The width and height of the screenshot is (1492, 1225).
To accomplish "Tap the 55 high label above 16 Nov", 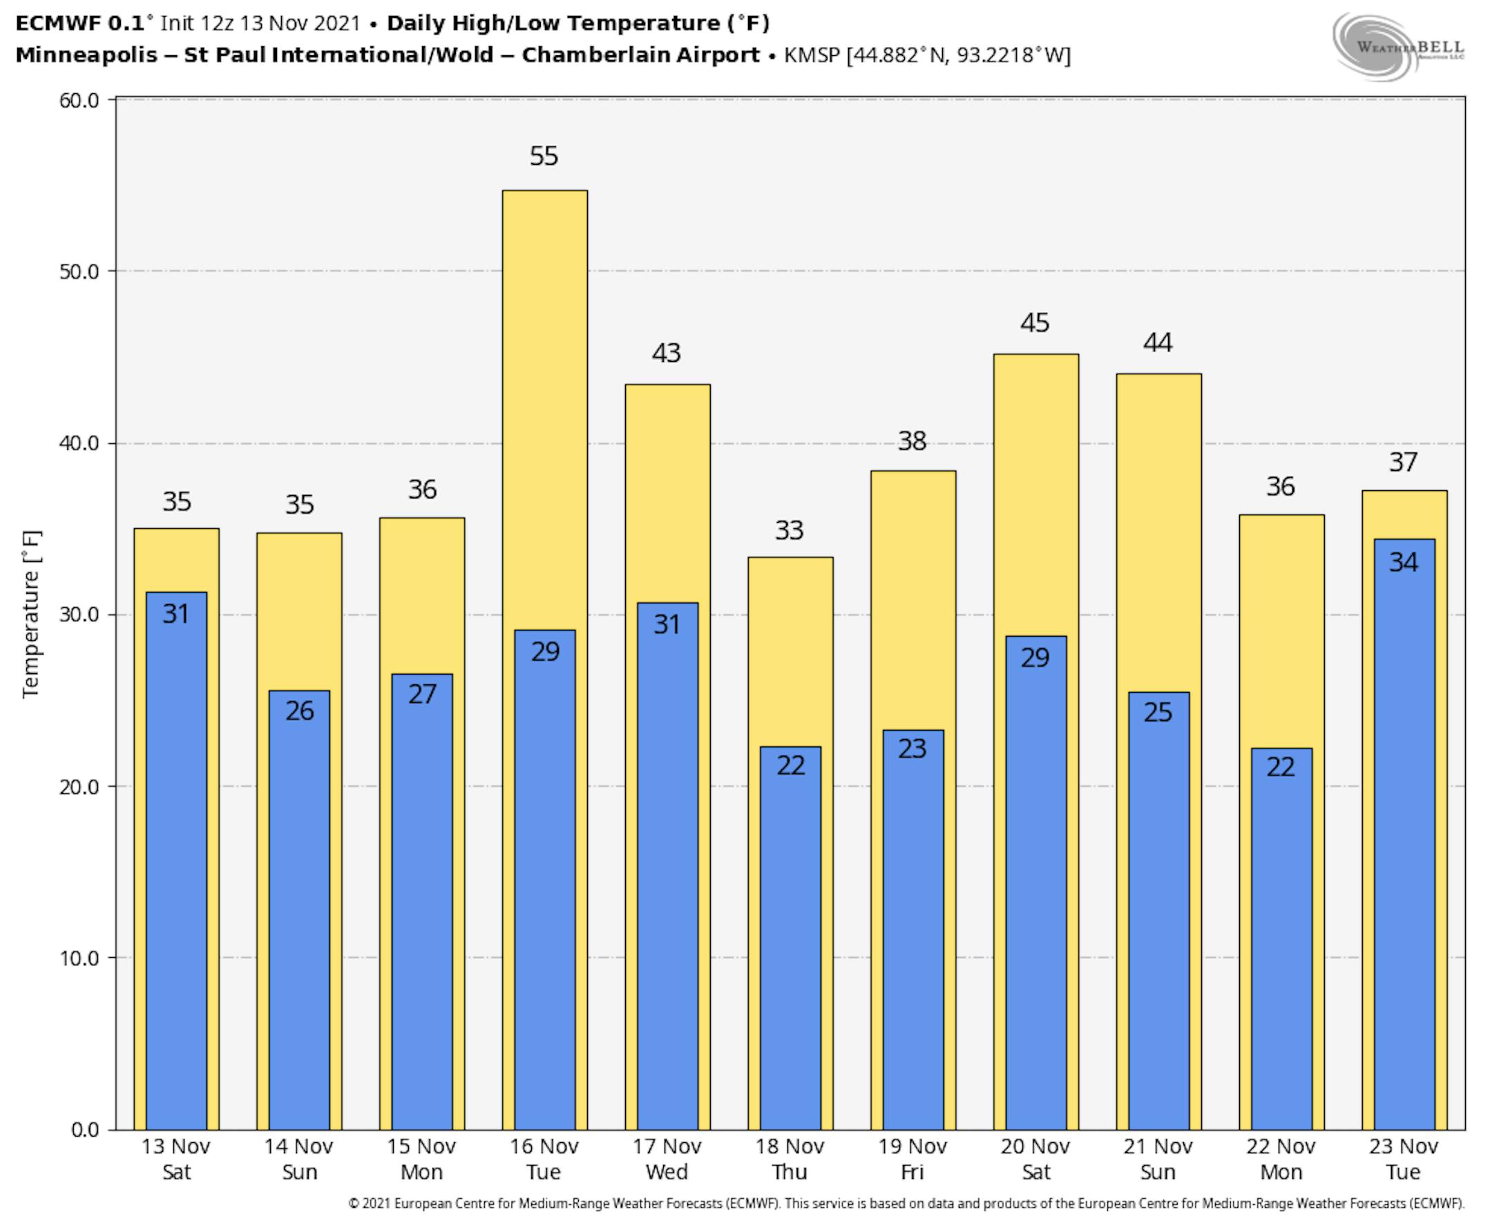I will [544, 156].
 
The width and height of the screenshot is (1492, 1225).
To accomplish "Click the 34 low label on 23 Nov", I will [1403, 562].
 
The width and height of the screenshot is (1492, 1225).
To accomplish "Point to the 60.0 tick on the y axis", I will [79, 100].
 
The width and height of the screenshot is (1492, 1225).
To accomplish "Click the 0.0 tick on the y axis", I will [85, 1129].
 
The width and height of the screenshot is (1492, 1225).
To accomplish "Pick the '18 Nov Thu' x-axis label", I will [789, 1159].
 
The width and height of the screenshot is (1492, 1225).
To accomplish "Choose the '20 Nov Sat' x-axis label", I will [1035, 1159].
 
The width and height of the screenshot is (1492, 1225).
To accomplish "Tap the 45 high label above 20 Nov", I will [1035, 323].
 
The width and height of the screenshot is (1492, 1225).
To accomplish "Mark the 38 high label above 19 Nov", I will [912, 442].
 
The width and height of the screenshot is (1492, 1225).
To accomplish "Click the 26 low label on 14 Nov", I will [299, 711].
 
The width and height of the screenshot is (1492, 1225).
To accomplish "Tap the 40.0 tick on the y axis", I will [79, 443].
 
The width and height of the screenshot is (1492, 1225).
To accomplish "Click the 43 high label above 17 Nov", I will [667, 354].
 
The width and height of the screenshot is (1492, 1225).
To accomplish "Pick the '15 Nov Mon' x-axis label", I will [421, 1159].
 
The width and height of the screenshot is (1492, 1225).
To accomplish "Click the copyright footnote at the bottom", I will [906, 1204].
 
